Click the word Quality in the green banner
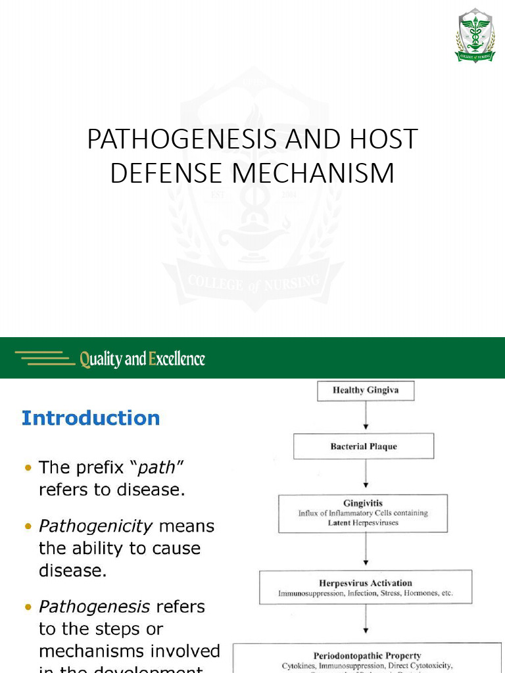pyautogui.click(x=101, y=359)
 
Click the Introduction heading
pyautogui.click(x=91, y=418)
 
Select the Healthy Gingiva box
pyautogui.click(x=366, y=390)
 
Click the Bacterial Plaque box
pyautogui.click(x=364, y=446)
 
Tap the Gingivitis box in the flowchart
pyautogui.click(x=363, y=513)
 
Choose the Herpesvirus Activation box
pyautogui.click(x=366, y=588)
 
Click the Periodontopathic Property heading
pyautogui.click(x=367, y=655)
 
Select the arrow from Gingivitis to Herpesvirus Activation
pyautogui.click(x=366, y=550)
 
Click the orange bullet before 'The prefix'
pyautogui.click(x=28, y=468)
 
